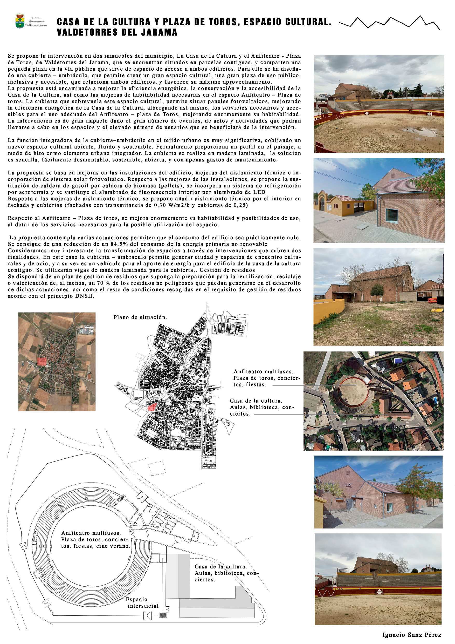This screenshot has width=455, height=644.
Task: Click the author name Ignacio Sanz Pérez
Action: pyautogui.click(x=411, y=634)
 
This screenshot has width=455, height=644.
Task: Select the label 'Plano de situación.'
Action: pyautogui.click(x=140, y=317)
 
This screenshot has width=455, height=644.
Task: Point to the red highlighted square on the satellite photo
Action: pyautogui.click(x=42, y=361)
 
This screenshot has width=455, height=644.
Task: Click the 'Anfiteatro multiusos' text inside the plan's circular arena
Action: pyautogui.click(x=91, y=533)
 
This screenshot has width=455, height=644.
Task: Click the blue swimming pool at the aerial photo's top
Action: pyautogui.click(x=397, y=361)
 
